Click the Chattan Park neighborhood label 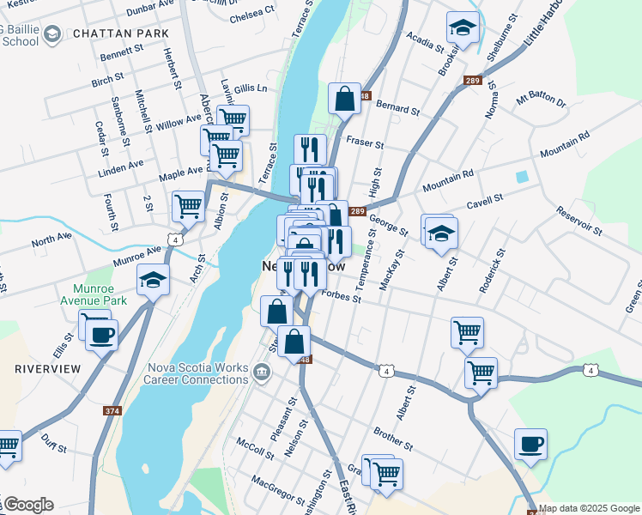point(120,33)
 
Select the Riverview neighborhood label point(48,368)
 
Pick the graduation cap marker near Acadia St point(463,29)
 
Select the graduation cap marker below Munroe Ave point(154,281)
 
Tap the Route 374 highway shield point(112,411)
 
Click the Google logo point(29,505)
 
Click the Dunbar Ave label point(150,10)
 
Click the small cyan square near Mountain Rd point(522,177)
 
